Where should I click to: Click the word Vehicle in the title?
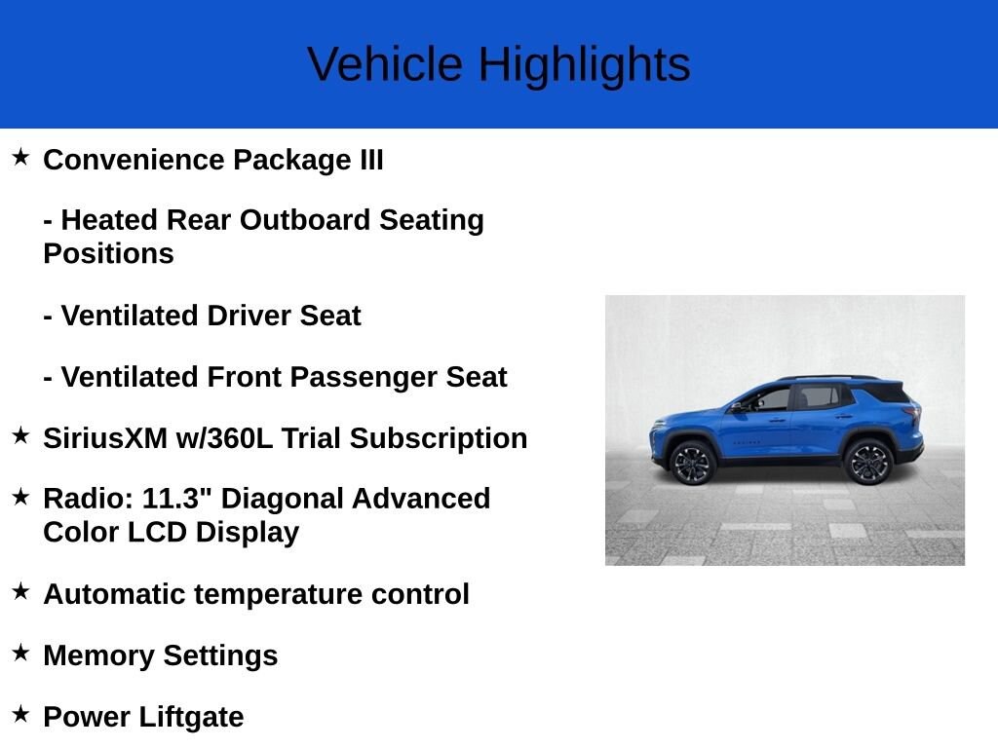pyautogui.click(x=385, y=64)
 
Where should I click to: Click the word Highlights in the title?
pyautogui.click(x=585, y=66)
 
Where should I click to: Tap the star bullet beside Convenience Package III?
pyautogui.click(x=20, y=157)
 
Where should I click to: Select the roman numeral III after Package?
pyautogui.click(x=371, y=160)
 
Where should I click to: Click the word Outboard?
pyautogui.click(x=305, y=220)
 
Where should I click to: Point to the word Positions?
pyautogui.click(x=108, y=254)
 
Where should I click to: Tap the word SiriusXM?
pyautogui.click(x=105, y=438)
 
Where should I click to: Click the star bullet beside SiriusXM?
pyautogui.click(x=20, y=435)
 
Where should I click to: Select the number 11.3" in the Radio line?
pyautogui.click(x=177, y=498)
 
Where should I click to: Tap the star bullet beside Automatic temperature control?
pyautogui.click(x=20, y=591)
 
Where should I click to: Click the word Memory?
pyautogui.click(x=98, y=655)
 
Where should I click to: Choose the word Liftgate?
pyautogui.click(x=191, y=717)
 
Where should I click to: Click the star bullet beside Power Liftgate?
pyautogui.click(x=20, y=714)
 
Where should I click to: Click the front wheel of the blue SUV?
pyautogui.click(x=692, y=463)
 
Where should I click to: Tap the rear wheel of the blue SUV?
pyautogui.click(x=868, y=461)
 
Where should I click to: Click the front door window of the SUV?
pyautogui.click(x=766, y=400)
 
